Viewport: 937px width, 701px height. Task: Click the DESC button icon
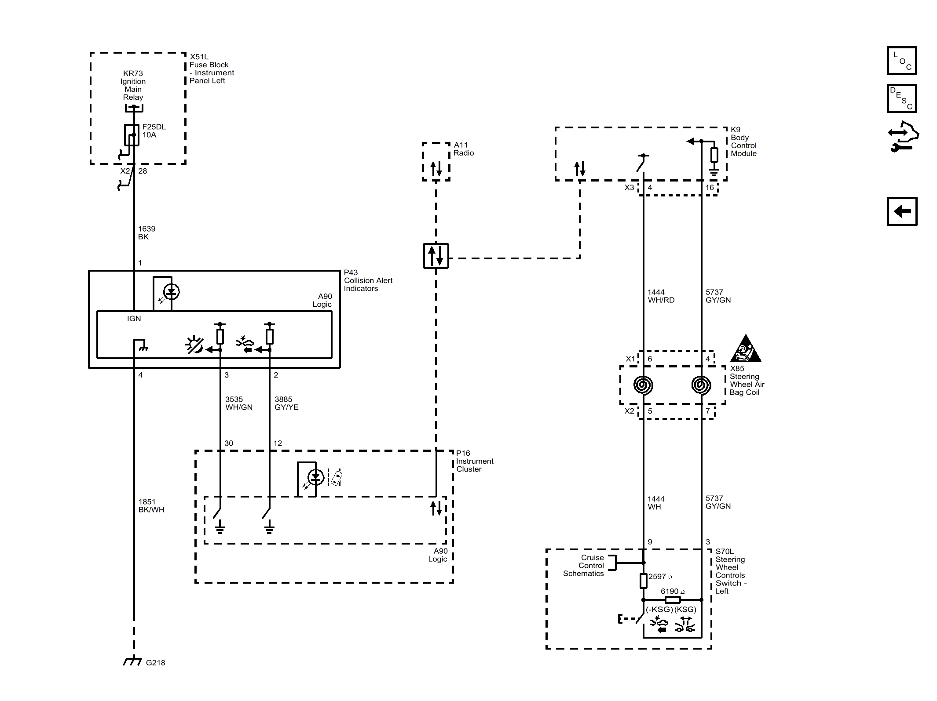pyautogui.click(x=902, y=98)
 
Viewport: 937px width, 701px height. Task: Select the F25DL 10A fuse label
pyautogui.click(x=154, y=131)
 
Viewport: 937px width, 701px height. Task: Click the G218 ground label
pyautogui.click(x=155, y=662)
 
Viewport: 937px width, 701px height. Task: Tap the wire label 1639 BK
pyautogui.click(x=146, y=232)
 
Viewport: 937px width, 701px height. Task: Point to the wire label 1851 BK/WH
pyautogui.click(x=151, y=505)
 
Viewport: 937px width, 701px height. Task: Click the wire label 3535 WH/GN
pyautogui.click(x=238, y=403)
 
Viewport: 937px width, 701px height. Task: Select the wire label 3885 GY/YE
pyautogui.click(x=286, y=403)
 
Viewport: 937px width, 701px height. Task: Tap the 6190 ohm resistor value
pyautogui.click(x=672, y=591)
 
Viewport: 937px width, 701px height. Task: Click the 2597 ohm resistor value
pyautogui.click(x=660, y=577)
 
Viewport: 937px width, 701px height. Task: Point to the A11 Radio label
pyautogui.click(x=463, y=149)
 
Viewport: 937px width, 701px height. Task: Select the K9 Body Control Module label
pyautogui.click(x=743, y=142)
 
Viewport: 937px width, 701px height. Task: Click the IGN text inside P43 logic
pyautogui.click(x=134, y=319)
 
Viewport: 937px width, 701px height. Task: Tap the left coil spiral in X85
pyautogui.click(x=643, y=385)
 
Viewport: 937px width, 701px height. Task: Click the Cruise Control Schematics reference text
pyautogui.click(x=584, y=565)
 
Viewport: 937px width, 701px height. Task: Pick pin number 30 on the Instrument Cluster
pyautogui.click(x=229, y=443)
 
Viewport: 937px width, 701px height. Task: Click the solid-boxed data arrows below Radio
pyautogui.click(x=436, y=256)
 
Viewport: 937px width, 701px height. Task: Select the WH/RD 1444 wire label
pyautogui.click(x=661, y=296)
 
